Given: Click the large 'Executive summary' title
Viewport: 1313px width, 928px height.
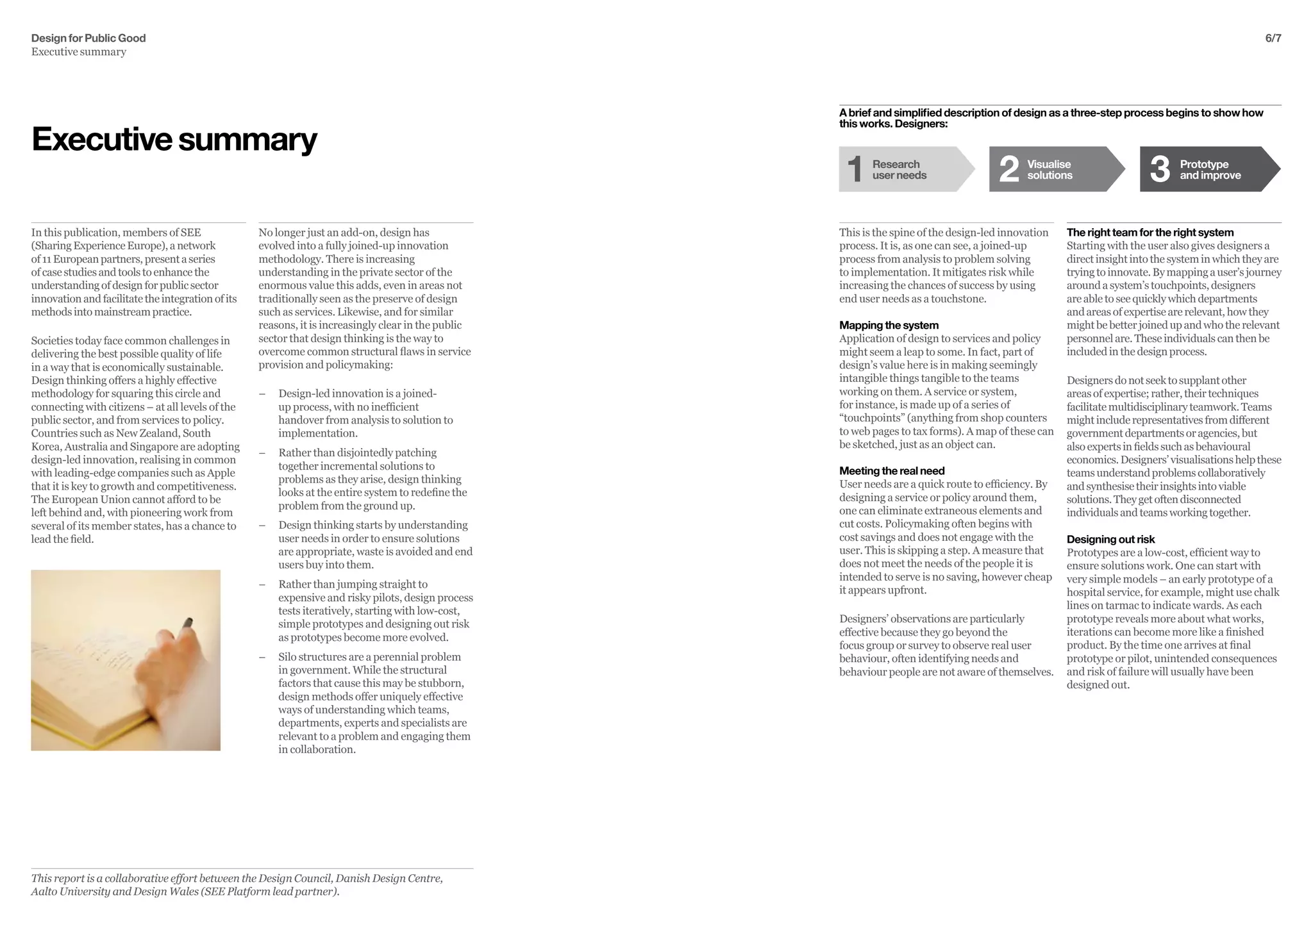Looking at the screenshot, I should [x=174, y=139].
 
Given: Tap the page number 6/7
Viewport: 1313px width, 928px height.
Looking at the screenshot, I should [x=1273, y=38].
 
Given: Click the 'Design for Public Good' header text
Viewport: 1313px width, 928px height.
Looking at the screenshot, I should [x=88, y=38].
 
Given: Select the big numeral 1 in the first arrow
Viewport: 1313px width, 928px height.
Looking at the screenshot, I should [x=855, y=169].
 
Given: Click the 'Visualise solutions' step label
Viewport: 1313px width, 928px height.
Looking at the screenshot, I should [x=1050, y=170].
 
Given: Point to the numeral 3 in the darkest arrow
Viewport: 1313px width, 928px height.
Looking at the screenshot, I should [x=1159, y=169].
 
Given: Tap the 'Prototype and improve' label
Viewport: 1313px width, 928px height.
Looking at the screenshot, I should [x=1210, y=170].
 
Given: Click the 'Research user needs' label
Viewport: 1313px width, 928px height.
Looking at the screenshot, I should [x=899, y=170].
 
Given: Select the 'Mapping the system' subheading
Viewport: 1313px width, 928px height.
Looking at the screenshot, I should [x=889, y=326].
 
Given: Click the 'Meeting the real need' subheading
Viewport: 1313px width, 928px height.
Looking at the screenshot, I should [x=892, y=471].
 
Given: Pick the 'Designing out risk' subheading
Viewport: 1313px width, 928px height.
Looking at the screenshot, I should [x=1110, y=540].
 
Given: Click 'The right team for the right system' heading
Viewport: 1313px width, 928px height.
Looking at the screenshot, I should [x=1150, y=233].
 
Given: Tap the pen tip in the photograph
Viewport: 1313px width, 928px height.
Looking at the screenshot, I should [x=188, y=620].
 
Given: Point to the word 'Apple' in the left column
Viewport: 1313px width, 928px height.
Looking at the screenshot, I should [x=222, y=473].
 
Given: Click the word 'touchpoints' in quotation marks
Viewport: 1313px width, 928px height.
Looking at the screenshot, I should [x=873, y=418].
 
